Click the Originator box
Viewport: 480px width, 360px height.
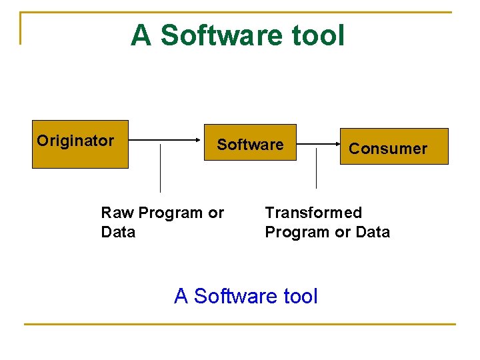[x=80, y=144]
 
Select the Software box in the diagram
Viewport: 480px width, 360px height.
[x=250, y=143]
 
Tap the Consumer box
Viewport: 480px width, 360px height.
[x=394, y=146]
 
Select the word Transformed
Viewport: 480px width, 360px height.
[x=313, y=213]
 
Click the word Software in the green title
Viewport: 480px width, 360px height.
[x=221, y=35]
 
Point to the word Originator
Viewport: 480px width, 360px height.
[x=75, y=141]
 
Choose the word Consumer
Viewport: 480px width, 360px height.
[x=388, y=149]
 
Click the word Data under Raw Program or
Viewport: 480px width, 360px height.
[x=118, y=232]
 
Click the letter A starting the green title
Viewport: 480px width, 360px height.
[x=141, y=35]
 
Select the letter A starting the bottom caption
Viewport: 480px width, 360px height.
[x=181, y=295]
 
